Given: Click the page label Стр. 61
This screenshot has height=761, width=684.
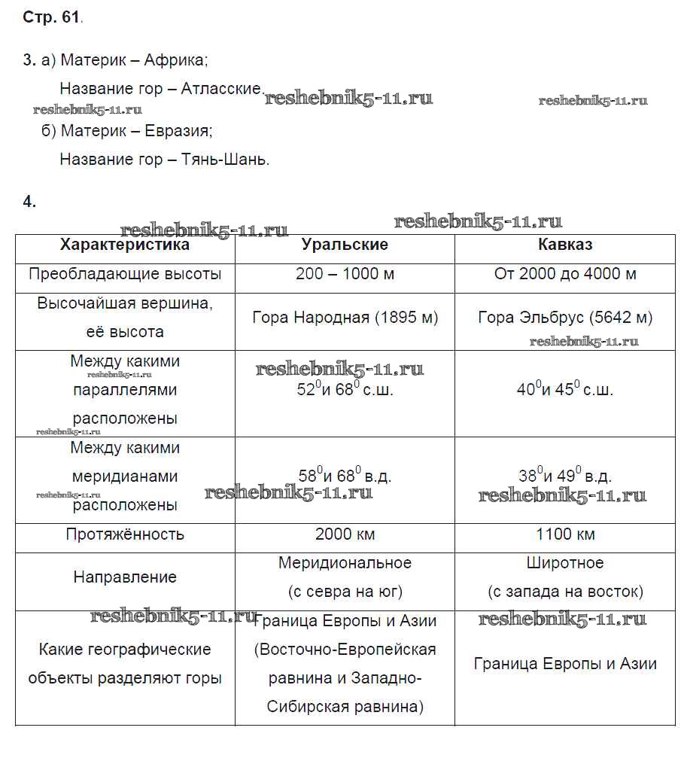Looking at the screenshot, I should tap(52, 18).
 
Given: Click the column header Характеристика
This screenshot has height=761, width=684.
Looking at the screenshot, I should tap(125, 245).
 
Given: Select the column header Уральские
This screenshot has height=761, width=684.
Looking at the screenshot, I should tap(345, 245).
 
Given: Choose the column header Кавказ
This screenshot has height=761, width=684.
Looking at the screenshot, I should tap(565, 245).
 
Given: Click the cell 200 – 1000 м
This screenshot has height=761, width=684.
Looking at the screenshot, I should tap(345, 274).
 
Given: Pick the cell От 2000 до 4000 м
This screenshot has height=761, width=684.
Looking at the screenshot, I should tap(565, 274).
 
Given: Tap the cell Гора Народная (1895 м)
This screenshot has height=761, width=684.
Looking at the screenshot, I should tap(345, 318).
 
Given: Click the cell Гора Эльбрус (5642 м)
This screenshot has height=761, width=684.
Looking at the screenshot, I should tap(565, 318).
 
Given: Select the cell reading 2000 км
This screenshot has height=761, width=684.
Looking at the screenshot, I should tap(345, 534).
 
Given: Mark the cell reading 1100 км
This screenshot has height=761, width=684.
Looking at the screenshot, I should tap(565, 534).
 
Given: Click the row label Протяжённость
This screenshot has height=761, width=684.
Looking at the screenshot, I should tap(125, 534).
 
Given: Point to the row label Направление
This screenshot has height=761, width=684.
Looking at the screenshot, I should tap(125, 577).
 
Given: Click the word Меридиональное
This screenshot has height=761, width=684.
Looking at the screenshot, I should tap(345, 563).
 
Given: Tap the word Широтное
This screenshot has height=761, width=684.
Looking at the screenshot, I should tap(565, 563).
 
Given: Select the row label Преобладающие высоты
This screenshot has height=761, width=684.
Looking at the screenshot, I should tap(125, 274).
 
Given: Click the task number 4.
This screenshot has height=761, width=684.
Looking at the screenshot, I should tap(29, 202).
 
